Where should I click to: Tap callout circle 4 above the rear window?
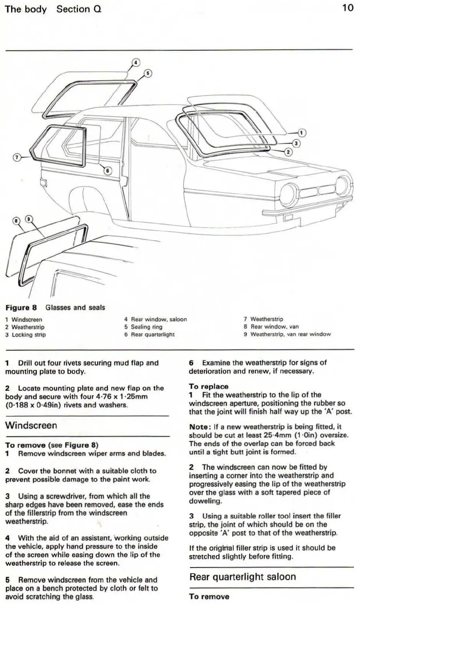pyautogui.click(x=136, y=62)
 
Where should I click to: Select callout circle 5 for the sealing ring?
pyautogui.click(x=148, y=73)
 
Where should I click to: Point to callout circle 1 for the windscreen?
pyautogui.click(x=302, y=133)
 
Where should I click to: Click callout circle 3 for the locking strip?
pyautogui.click(x=296, y=143)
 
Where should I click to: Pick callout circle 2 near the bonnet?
pyautogui.click(x=288, y=152)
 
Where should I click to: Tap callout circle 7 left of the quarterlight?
pyautogui.click(x=17, y=157)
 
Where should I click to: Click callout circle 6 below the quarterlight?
pyautogui.click(x=108, y=171)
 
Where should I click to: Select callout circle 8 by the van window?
pyautogui.click(x=16, y=220)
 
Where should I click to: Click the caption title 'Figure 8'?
pyautogui.click(x=21, y=308)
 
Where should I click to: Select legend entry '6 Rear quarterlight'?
pyautogui.click(x=149, y=334)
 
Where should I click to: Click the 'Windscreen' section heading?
pyautogui.click(x=31, y=425)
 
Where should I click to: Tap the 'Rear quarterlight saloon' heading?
pyautogui.click(x=242, y=577)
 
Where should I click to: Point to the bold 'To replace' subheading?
pyautogui.click(x=209, y=387)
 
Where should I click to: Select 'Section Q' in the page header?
pyautogui.click(x=79, y=9)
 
